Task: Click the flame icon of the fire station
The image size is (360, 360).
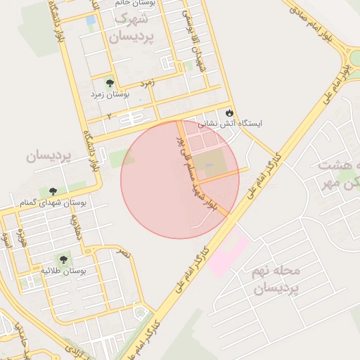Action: click(229, 112)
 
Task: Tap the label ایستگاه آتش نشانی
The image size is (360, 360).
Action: click(231, 123)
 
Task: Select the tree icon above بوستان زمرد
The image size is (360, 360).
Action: click(108, 82)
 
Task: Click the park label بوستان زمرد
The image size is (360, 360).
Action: click(109, 93)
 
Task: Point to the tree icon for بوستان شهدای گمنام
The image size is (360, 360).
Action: click(53, 191)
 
